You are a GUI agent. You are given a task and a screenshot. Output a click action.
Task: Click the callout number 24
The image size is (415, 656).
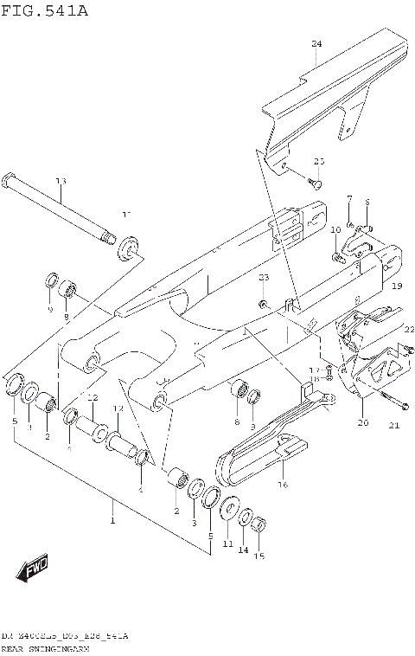click(x=316, y=43)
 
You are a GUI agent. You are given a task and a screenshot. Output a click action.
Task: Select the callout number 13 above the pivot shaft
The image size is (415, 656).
click(x=61, y=181)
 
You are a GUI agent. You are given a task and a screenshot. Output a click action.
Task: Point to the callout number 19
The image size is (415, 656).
click(x=396, y=286)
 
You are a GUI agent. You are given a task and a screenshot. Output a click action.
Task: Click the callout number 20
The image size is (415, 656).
click(x=362, y=423)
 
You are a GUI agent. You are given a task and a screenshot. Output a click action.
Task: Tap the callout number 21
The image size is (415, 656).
click(x=394, y=424)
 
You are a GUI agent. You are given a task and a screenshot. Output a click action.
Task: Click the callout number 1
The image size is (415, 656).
click(x=112, y=520)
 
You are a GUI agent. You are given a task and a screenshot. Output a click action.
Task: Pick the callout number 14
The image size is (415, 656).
click(x=243, y=550)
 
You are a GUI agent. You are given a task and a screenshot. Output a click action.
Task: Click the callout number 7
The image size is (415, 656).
click(x=349, y=199)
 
